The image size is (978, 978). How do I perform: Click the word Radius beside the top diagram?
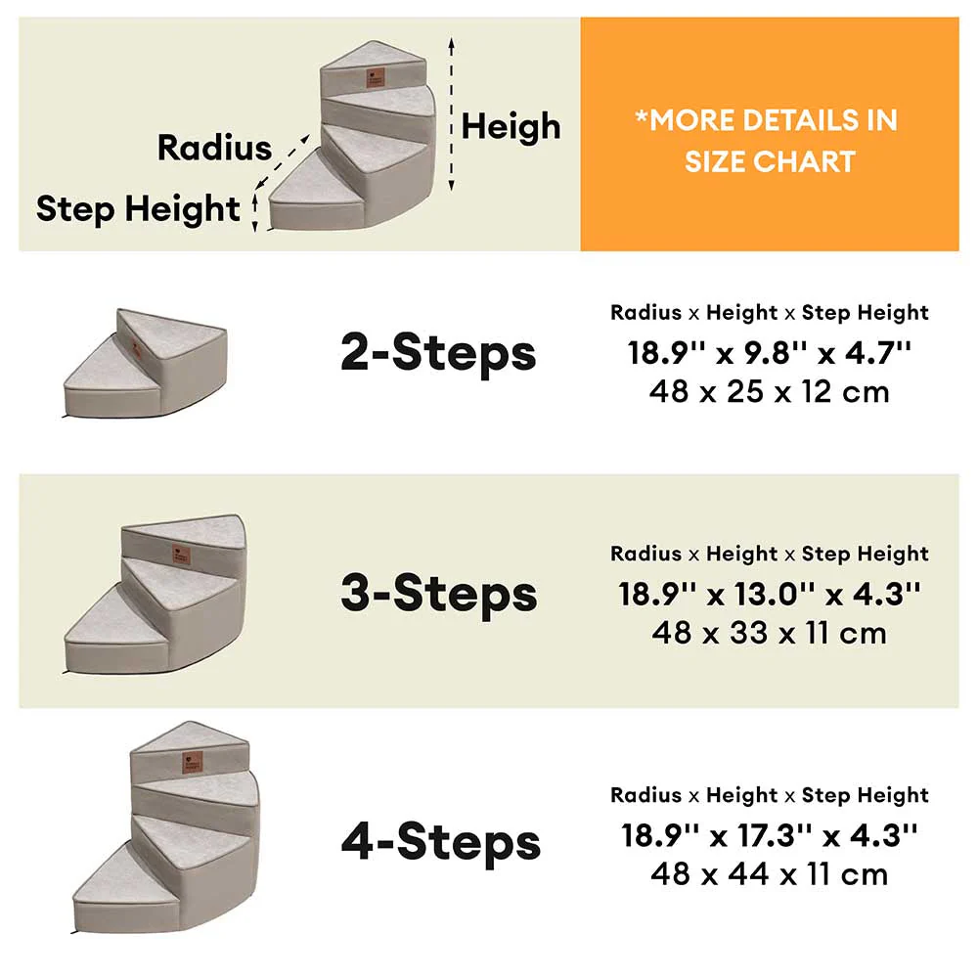tap(214, 147)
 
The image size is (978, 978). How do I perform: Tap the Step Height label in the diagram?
tap(138, 208)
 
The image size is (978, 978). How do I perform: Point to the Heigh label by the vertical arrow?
tap(511, 126)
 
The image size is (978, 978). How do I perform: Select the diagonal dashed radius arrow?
tap(283, 160)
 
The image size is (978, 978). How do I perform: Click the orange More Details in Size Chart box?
tap(770, 134)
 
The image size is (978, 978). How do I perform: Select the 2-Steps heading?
tap(438, 352)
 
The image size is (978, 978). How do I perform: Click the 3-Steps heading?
tap(439, 593)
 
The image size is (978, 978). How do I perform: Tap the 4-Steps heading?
tap(440, 842)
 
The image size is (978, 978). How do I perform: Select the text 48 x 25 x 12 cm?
tap(770, 392)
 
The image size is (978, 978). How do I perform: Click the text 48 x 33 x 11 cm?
tap(770, 633)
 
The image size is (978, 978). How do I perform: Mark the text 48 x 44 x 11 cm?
tap(770, 873)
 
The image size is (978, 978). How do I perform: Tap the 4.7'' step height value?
tap(877, 353)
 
